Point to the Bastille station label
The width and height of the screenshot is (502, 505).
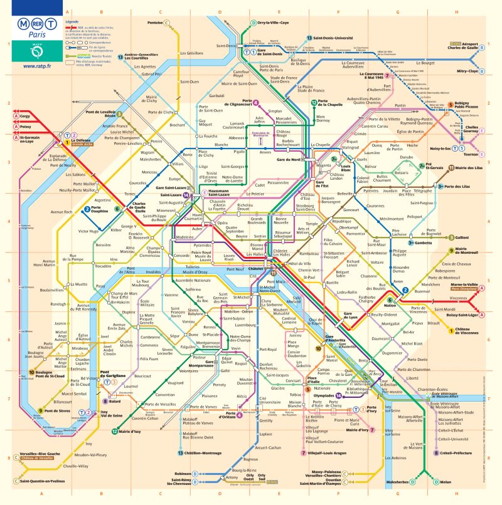click(332, 283)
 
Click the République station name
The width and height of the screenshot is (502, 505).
click(342, 222)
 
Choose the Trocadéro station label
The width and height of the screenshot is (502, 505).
click(103, 266)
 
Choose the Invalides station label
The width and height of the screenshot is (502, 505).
click(153, 273)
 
